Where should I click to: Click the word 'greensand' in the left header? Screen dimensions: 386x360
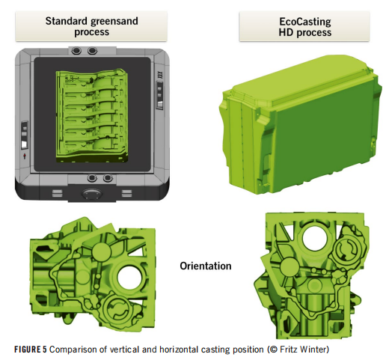114,21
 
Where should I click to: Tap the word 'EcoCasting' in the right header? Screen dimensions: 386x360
304,22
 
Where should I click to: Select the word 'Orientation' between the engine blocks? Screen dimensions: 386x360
206,266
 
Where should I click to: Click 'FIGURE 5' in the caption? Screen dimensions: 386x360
31,350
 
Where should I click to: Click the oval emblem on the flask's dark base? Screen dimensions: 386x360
92,193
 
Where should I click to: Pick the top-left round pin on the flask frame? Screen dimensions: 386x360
76,51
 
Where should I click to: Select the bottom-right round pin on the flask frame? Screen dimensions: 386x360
108,178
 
